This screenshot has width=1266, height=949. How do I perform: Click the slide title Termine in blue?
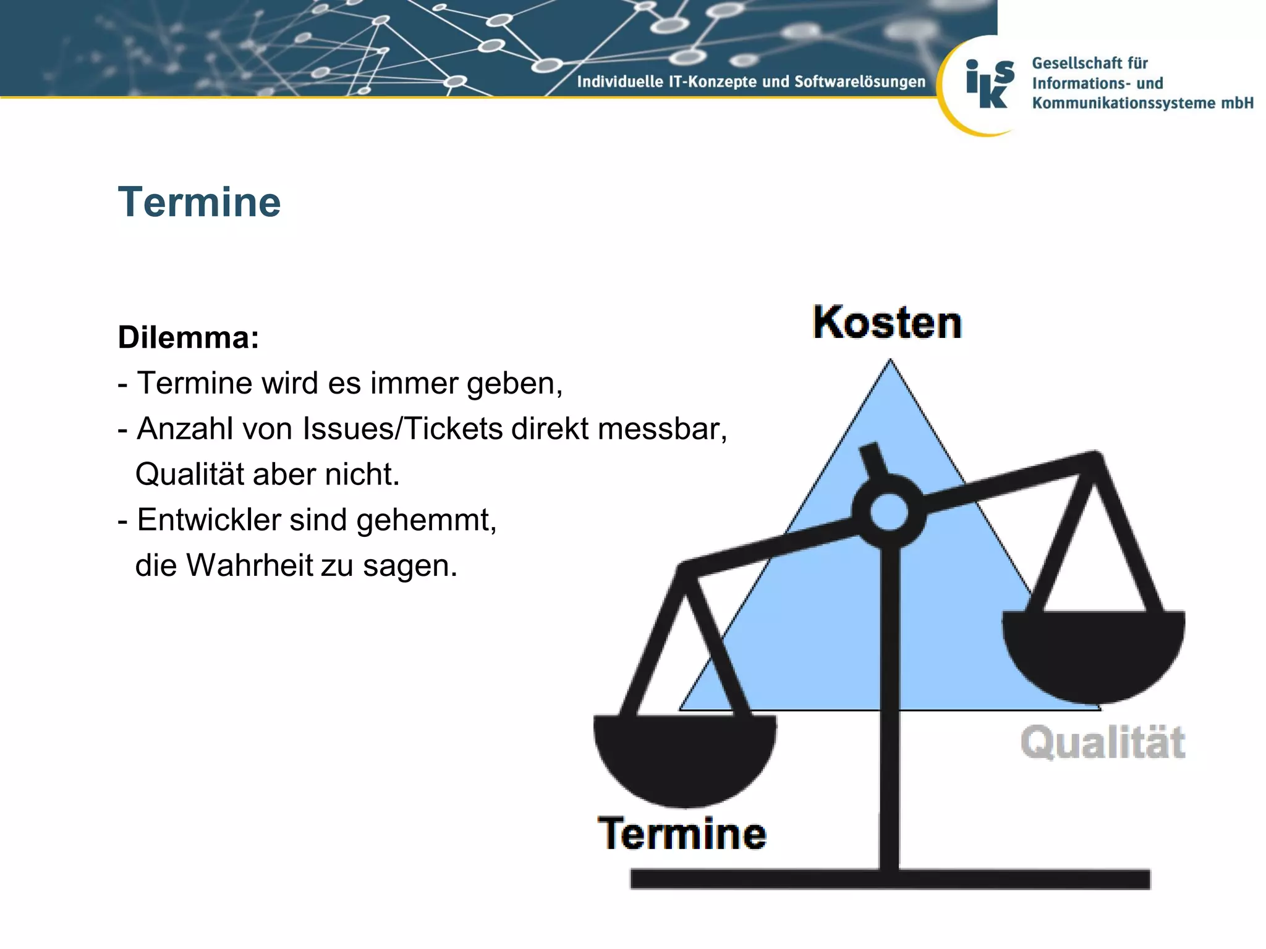click(x=199, y=202)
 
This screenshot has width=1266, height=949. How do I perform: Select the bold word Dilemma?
click(x=189, y=337)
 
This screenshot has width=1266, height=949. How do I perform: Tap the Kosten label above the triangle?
click(x=887, y=323)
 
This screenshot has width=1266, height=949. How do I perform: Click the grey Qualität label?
click(x=1103, y=742)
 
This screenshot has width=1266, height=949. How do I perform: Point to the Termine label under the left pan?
click(x=682, y=833)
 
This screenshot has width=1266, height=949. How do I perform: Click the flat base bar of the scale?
click(x=890, y=879)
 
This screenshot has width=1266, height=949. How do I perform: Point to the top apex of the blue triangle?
click(x=890, y=365)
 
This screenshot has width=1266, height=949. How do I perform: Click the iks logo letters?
click(x=989, y=84)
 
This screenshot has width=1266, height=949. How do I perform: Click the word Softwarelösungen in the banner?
click(x=860, y=82)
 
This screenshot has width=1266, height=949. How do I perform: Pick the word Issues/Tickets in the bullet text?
click(x=402, y=428)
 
